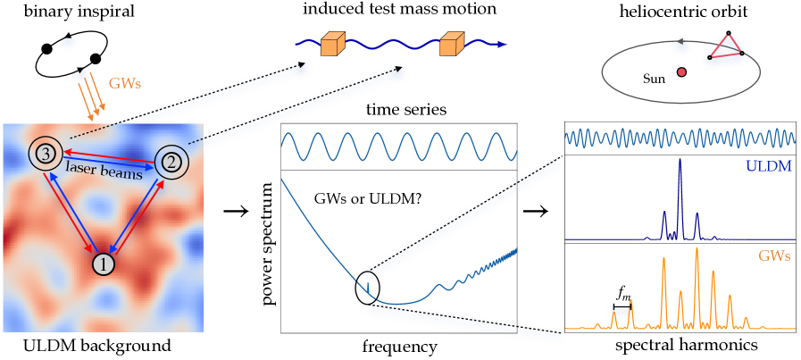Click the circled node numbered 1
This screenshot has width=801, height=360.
[x=104, y=264]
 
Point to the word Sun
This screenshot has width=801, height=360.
[x=655, y=79]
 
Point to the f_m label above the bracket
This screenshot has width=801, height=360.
[x=622, y=291]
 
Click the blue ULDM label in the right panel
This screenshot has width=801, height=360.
[x=773, y=165]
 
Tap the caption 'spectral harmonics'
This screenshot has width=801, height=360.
[x=680, y=345]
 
